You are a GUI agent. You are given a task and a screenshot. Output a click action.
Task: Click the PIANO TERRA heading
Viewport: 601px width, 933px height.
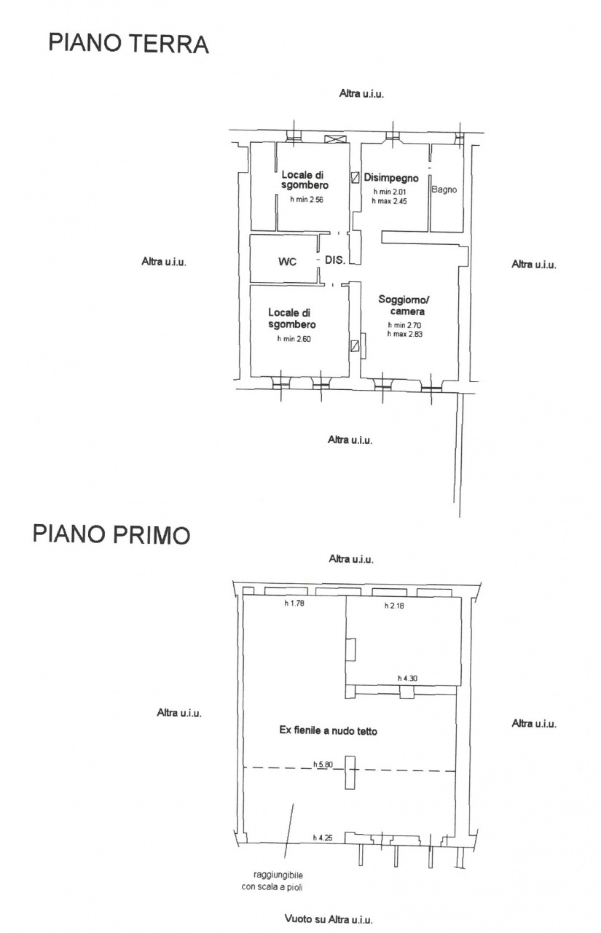point(129,44)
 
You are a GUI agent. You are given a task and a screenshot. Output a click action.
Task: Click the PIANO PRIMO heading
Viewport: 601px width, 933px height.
point(111,534)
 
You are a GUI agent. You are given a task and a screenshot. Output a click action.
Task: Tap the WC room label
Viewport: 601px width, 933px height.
point(287,262)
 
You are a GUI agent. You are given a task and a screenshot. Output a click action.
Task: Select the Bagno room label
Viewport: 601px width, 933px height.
point(444,190)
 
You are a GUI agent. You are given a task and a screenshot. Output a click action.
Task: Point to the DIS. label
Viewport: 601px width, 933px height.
point(335,260)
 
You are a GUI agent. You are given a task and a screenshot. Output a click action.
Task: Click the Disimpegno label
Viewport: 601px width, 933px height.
point(391,178)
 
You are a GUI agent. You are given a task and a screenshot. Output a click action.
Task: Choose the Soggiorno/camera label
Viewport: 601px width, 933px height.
point(404,305)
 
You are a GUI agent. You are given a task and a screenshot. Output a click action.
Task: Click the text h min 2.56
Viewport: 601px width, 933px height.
point(307,200)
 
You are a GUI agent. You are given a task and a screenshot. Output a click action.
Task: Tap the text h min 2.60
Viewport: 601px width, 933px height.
point(294,339)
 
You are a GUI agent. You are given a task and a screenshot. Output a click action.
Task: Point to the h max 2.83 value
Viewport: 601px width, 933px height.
point(405,334)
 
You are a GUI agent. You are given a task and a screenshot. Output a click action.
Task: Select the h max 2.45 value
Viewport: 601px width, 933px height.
point(390,201)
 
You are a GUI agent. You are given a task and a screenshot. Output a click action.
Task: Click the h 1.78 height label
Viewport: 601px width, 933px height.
point(294,603)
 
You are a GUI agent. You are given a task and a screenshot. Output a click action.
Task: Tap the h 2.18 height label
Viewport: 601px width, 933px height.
point(394,606)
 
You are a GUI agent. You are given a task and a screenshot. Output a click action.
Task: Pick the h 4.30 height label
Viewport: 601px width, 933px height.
point(407,679)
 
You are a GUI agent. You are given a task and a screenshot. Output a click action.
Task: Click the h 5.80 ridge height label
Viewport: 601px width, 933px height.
point(323,765)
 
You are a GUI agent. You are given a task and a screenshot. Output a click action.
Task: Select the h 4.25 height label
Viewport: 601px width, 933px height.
point(323,838)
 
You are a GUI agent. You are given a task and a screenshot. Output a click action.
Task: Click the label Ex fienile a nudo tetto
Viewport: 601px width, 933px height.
point(329,730)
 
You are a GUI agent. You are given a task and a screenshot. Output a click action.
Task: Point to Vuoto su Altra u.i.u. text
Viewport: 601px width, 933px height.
point(329,917)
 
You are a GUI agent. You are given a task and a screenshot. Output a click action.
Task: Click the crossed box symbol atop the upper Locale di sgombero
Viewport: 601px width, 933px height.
point(335,139)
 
